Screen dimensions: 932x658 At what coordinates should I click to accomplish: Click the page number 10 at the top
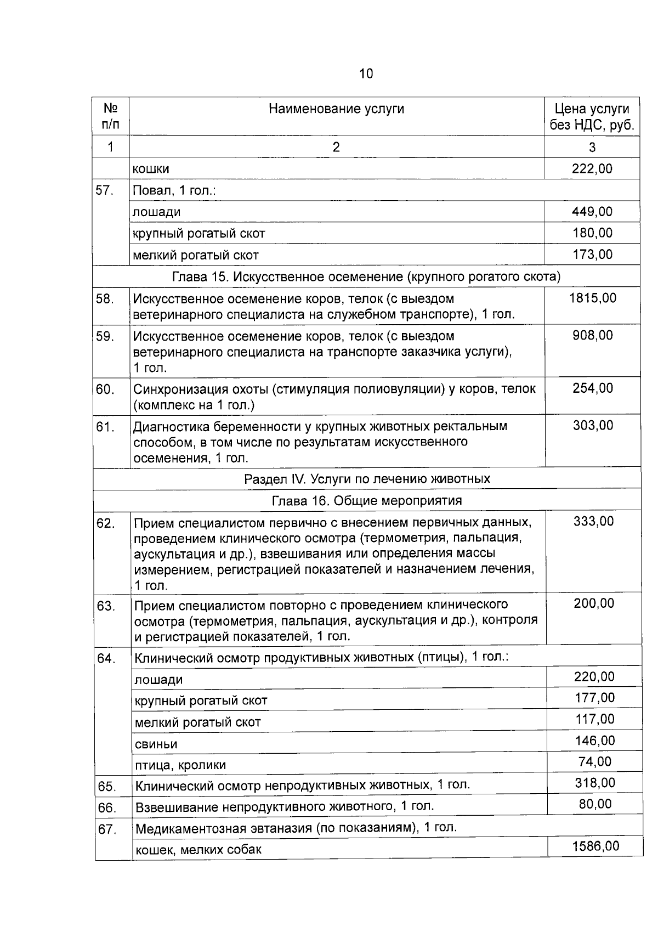pyautogui.click(x=366, y=74)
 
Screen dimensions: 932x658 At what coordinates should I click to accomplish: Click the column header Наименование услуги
pyautogui.click(x=336, y=109)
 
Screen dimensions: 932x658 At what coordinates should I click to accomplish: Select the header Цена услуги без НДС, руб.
pyautogui.click(x=592, y=117)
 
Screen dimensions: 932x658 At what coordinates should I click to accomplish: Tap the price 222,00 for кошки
pyautogui.click(x=592, y=168)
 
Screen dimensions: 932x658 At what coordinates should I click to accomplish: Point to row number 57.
pyautogui.click(x=104, y=190)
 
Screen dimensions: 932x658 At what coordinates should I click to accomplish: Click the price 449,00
pyautogui.click(x=592, y=211)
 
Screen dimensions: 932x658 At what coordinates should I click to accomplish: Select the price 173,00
pyautogui.click(x=592, y=254)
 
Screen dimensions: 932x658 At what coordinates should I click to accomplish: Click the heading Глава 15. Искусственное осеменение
pyautogui.click(x=366, y=276)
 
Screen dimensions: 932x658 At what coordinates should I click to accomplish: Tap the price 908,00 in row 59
pyautogui.click(x=592, y=335)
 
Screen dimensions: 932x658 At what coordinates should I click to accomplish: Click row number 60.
pyautogui.click(x=105, y=389)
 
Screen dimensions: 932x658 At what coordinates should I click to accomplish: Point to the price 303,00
pyautogui.click(x=593, y=425)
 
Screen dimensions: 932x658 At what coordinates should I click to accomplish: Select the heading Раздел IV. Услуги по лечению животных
pyautogui.click(x=367, y=478)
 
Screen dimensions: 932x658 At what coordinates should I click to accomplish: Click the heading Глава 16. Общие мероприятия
pyautogui.click(x=367, y=500)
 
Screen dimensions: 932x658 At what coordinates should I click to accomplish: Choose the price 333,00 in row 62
pyautogui.click(x=593, y=521)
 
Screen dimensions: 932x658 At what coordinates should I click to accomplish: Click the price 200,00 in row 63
pyautogui.click(x=594, y=603)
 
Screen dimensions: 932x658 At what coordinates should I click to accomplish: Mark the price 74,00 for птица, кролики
pyautogui.click(x=594, y=761)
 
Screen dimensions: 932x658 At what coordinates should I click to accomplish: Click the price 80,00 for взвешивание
pyautogui.click(x=595, y=804)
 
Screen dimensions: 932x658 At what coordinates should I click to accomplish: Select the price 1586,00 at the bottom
pyautogui.click(x=595, y=846)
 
